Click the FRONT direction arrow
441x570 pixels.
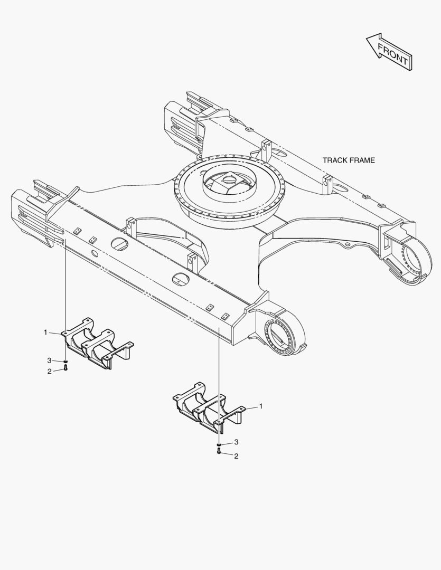[x=389, y=52]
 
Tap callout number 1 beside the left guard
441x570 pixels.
[x=45, y=332]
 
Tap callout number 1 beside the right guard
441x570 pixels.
[x=260, y=406]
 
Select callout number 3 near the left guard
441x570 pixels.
[x=49, y=360]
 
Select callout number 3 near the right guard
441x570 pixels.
[x=236, y=442]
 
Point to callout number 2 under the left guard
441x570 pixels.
[x=49, y=372]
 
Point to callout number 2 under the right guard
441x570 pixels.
[x=236, y=456]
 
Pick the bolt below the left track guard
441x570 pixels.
[x=65, y=368]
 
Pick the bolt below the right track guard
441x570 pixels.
[x=219, y=451]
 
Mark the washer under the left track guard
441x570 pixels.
[x=65, y=361]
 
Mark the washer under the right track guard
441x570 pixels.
[x=219, y=444]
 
